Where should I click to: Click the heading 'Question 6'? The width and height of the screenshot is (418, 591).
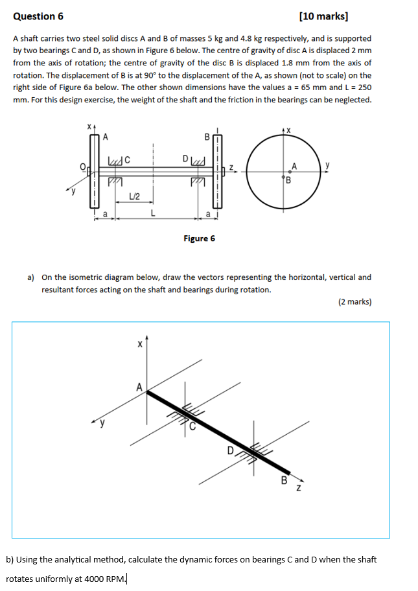(38, 16)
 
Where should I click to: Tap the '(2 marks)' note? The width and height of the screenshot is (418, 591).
(354, 301)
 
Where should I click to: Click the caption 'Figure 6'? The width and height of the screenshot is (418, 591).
(199, 238)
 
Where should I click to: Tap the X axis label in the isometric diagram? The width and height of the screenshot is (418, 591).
(138, 346)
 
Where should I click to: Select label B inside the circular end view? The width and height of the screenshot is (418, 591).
(288, 181)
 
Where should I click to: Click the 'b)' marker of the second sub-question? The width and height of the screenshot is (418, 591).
(10, 559)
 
